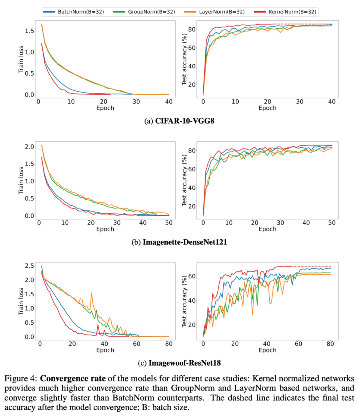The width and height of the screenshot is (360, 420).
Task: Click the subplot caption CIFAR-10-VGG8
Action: click(185, 121)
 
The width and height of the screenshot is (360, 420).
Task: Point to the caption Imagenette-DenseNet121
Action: click(185, 242)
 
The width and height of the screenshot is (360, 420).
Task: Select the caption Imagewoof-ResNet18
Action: click(185, 363)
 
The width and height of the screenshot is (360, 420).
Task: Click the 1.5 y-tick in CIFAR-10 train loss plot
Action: click(30, 31)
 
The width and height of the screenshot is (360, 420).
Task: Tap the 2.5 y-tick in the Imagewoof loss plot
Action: click(30, 266)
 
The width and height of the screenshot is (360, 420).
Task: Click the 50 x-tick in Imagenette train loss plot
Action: click(169, 223)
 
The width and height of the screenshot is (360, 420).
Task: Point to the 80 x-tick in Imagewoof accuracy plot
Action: click(330, 344)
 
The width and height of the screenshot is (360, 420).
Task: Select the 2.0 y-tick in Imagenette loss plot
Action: click(30, 147)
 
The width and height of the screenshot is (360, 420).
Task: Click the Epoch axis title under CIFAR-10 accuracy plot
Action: click(267, 108)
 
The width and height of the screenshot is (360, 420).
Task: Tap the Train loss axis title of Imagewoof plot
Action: click(21, 301)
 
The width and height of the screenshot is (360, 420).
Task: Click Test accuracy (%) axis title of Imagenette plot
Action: click(184, 180)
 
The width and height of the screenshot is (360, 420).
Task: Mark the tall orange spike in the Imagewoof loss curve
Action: click(91, 294)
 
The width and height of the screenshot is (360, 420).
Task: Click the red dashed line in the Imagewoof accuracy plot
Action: click(312, 266)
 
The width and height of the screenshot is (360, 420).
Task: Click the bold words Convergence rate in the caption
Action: click(73, 379)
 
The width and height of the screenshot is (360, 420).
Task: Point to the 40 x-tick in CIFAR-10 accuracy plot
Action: click(332, 102)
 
